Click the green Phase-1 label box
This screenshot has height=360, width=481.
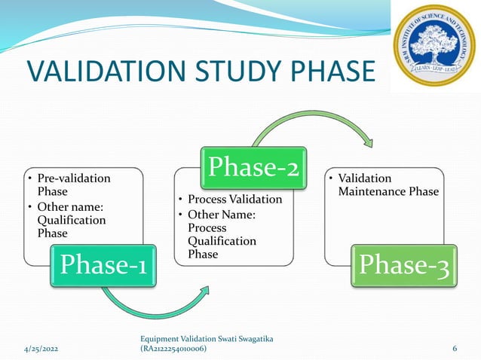(104, 266)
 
